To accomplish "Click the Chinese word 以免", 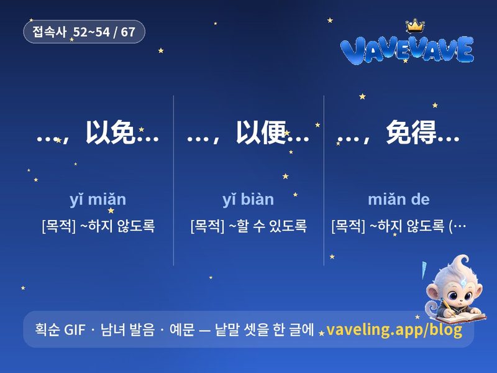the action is coord(111,132).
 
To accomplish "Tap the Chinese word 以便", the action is coord(261,132).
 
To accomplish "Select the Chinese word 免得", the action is coord(411,132).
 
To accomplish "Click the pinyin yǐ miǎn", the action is coord(98,200).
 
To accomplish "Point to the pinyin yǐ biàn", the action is coord(248,200).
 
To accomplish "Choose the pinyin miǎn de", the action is coord(399,200).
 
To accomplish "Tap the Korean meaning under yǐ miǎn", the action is coord(98,226).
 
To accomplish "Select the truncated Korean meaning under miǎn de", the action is coord(399,226).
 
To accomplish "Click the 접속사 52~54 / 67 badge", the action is coord(84,32).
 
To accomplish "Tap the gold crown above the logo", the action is coord(415,25).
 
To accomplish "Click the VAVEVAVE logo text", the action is coord(408,50).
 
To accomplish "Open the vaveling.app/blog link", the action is coord(394,329).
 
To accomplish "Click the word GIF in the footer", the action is coord(75,329).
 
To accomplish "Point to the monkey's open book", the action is coord(462,317).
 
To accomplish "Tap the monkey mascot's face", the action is coord(457,293).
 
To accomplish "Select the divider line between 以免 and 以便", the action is coord(174,180).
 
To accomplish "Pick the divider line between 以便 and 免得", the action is coord(324,180).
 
